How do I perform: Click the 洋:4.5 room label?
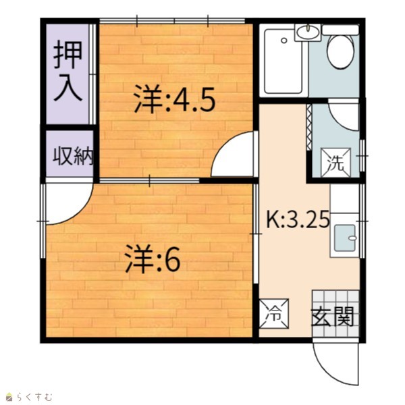click(x=175, y=100)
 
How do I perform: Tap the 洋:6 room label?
click(x=153, y=259)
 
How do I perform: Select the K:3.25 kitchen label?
click(x=298, y=219)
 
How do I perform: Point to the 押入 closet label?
click(x=68, y=70)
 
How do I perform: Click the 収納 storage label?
click(x=73, y=156)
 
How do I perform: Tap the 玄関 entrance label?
click(x=332, y=317)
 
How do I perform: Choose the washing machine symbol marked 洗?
click(x=335, y=163)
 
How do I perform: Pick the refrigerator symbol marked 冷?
click(x=274, y=314)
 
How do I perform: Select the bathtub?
click(x=283, y=61)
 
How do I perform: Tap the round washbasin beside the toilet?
click(x=308, y=32)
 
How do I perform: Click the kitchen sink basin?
click(x=345, y=238)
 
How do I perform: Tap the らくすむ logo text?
click(x=34, y=396)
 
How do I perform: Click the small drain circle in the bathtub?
click(x=284, y=40)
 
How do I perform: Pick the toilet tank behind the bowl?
click(x=340, y=30)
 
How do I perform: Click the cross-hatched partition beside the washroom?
click(x=309, y=127)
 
